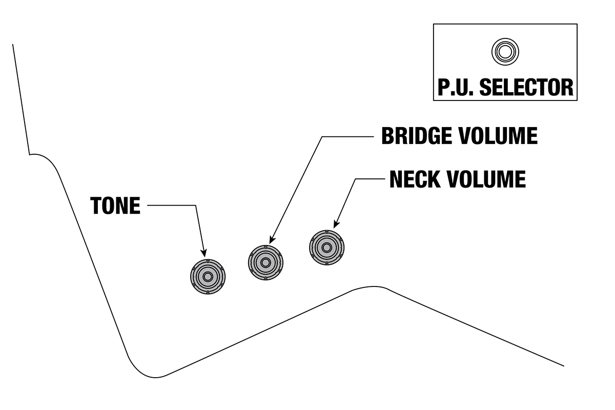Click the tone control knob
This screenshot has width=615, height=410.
(x=208, y=276)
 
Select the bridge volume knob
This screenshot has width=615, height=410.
(x=265, y=262)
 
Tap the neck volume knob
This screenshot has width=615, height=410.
(x=326, y=248)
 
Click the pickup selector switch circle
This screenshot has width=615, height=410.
(x=505, y=51)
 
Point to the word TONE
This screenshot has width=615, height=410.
(x=115, y=206)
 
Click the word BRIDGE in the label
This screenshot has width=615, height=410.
(x=416, y=136)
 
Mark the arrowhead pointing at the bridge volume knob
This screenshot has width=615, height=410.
(x=271, y=239)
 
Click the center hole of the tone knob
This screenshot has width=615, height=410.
(x=208, y=276)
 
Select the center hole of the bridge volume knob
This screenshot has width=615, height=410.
(x=265, y=262)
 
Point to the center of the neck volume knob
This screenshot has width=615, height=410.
(x=326, y=248)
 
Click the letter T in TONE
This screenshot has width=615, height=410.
(x=96, y=206)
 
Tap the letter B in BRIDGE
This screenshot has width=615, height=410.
(x=388, y=136)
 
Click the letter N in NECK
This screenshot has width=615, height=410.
(x=397, y=179)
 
